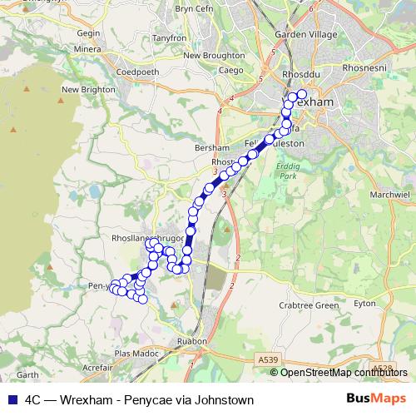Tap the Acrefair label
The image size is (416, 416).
(x=98, y=366)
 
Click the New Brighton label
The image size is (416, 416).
(x=82, y=89)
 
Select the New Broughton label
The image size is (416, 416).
(x=214, y=56)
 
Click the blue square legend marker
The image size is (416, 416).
(x=12, y=400)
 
